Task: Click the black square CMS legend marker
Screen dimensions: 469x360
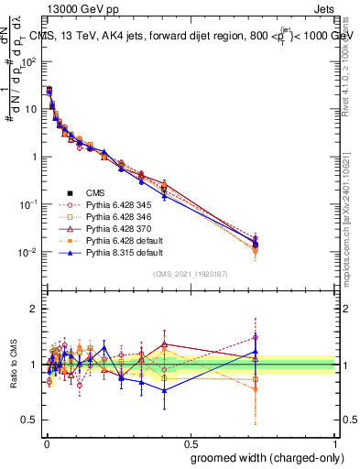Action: (x=68, y=192)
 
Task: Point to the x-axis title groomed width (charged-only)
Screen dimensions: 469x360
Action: (x=263, y=456)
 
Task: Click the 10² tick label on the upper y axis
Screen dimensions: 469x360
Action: (x=29, y=61)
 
